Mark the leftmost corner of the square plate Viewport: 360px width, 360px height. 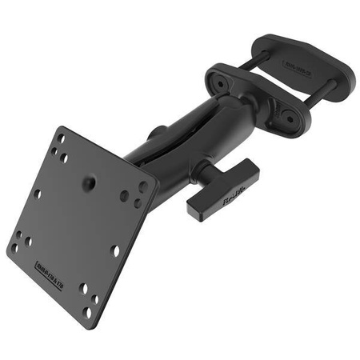pos(7,247)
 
